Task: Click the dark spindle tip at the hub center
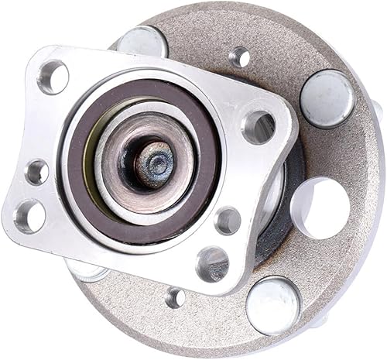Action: tap(157, 164)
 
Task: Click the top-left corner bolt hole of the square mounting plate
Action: tap(53, 77)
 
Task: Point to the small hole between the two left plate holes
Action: tap(36, 172)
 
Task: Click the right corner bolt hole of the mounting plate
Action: tap(259, 126)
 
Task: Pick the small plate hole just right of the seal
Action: tap(228, 221)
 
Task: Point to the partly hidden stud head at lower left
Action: tap(87, 270)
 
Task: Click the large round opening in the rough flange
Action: tap(322, 207)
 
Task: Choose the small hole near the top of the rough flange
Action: tap(241, 57)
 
